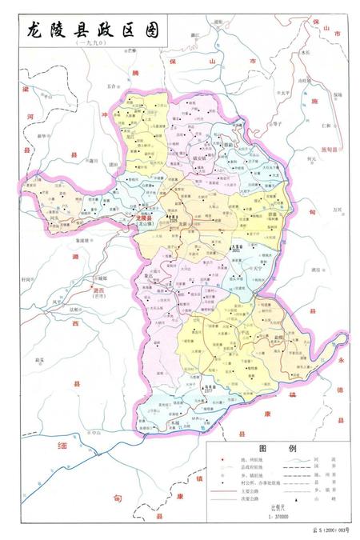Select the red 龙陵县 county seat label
[145, 218]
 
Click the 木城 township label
[174, 422]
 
